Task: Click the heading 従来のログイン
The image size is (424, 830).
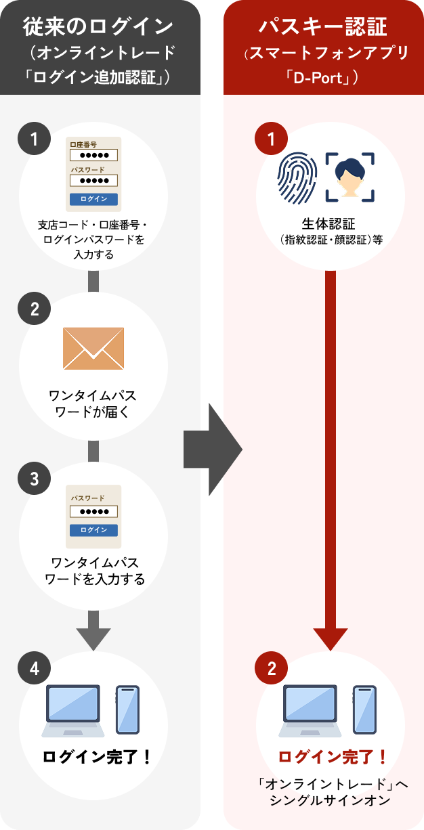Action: (x=98, y=27)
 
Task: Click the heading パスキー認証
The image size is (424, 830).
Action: (x=323, y=27)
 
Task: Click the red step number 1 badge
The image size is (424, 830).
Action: (x=272, y=140)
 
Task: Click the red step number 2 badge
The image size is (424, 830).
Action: (x=272, y=668)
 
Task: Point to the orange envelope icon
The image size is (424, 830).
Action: (x=93, y=349)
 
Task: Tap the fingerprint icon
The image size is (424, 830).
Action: (x=298, y=178)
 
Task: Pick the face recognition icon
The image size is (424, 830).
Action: (x=350, y=177)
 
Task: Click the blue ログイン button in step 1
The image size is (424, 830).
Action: (x=94, y=199)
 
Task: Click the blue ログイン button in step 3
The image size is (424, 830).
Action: (x=94, y=530)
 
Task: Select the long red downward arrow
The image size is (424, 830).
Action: (x=331, y=460)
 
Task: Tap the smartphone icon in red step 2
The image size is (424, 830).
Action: (x=364, y=709)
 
